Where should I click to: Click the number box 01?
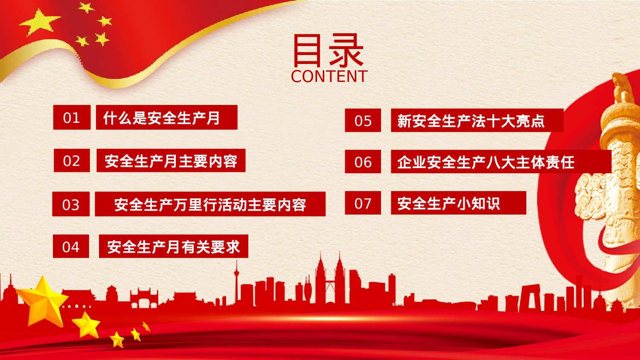(x=72, y=117)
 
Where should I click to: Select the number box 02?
(x=72, y=160)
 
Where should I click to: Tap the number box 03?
(x=71, y=204)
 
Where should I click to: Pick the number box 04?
(x=71, y=247)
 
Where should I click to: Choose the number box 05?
(x=363, y=121)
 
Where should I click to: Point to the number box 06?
(x=363, y=162)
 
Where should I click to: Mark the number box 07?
(x=363, y=203)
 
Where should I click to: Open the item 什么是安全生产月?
(x=166, y=117)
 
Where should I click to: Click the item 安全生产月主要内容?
(x=171, y=160)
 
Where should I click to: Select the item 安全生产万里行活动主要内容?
(x=210, y=204)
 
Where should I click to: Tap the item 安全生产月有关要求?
(x=173, y=247)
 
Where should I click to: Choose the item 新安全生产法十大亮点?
(x=477, y=121)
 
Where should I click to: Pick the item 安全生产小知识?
(x=458, y=203)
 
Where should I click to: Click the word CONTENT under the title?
(x=329, y=77)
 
